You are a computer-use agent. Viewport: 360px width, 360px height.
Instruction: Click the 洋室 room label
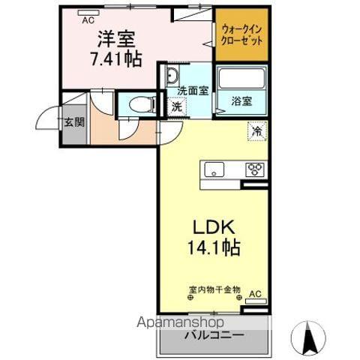click(x=114, y=37)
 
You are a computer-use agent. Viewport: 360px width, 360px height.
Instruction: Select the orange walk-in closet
click(x=241, y=34)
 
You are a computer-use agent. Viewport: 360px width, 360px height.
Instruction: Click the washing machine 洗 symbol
click(x=176, y=106)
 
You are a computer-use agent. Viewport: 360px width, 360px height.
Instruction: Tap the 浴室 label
click(x=241, y=99)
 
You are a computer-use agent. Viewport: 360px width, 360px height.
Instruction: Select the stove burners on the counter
click(x=254, y=169)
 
